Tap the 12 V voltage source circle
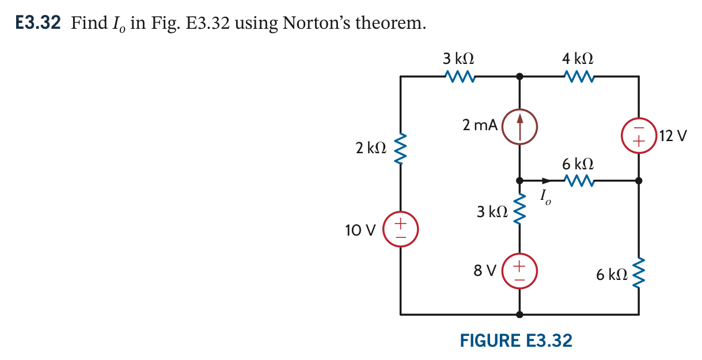tap(638, 137)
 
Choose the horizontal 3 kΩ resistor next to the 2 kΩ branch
tap(459, 76)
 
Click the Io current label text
tap(545, 198)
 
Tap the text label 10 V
tap(361, 230)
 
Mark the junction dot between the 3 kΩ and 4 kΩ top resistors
tap(520, 76)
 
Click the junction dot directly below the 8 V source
tap(520, 314)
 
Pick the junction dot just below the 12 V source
tap(638, 181)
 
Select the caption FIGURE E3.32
tap(516, 340)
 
